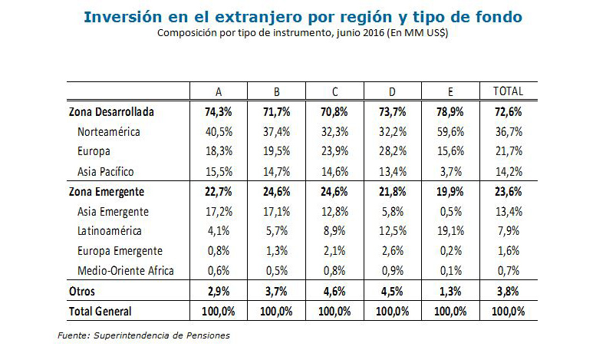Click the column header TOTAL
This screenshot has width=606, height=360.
click(508, 91)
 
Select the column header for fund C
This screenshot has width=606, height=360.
click(334, 91)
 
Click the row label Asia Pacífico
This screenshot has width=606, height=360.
click(111, 170)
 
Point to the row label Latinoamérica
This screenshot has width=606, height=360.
click(112, 230)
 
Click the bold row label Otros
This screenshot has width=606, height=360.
click(83, 291)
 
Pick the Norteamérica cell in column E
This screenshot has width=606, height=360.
click(450, 131)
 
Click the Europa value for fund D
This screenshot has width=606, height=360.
click(392, 151)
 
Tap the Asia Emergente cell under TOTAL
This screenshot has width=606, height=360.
click(508, 210)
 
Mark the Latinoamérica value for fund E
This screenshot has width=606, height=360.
click(450, 230)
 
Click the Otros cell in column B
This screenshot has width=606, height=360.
click(277, 291)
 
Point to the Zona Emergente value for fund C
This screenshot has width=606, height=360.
click(334, 190)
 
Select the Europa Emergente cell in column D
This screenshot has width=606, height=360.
click(392, 250)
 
